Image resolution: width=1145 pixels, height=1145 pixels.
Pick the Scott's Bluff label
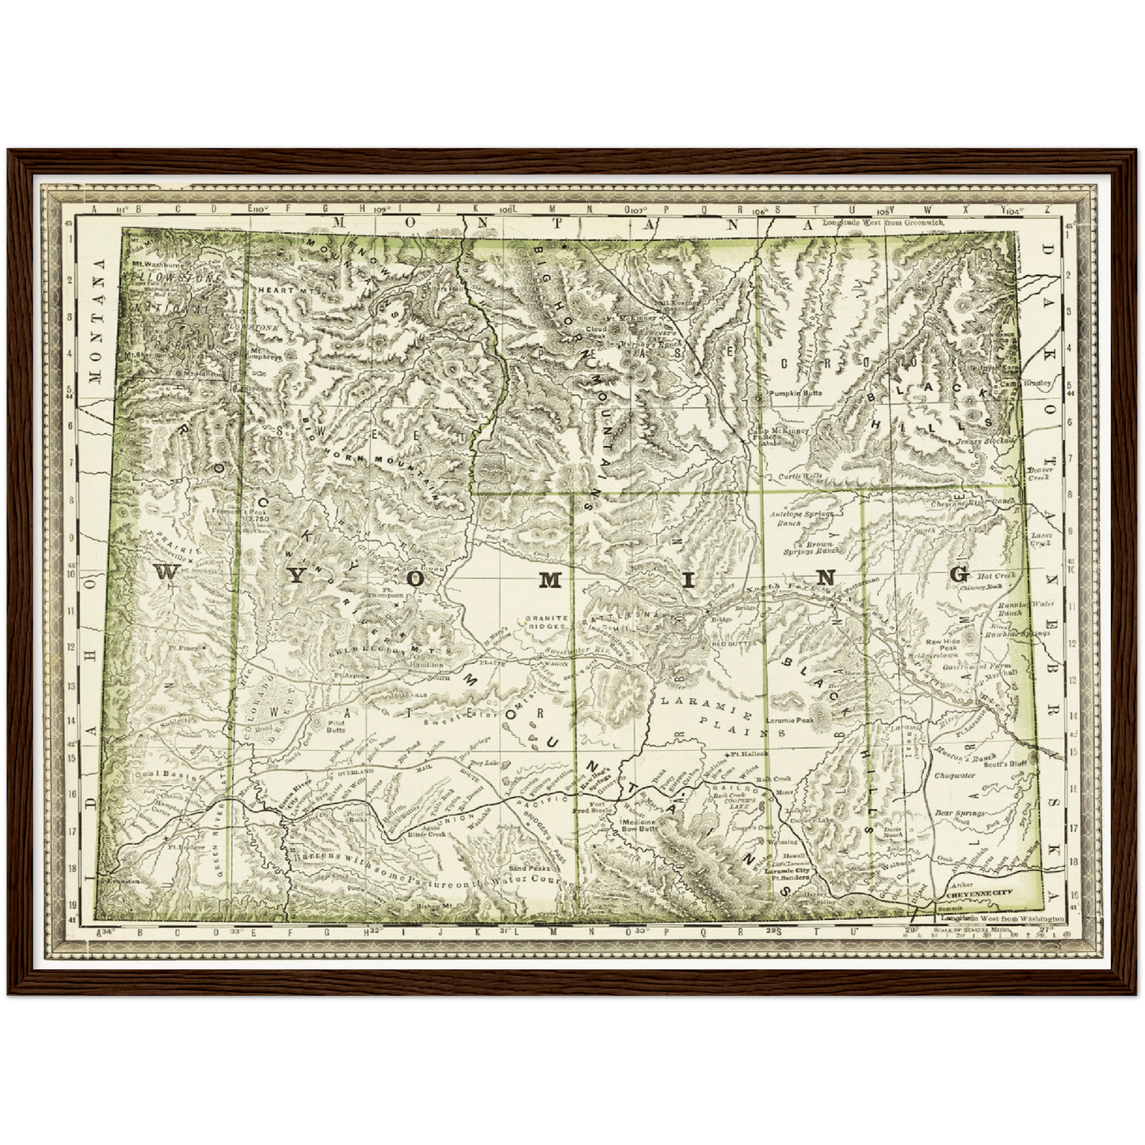point(1006,763)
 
